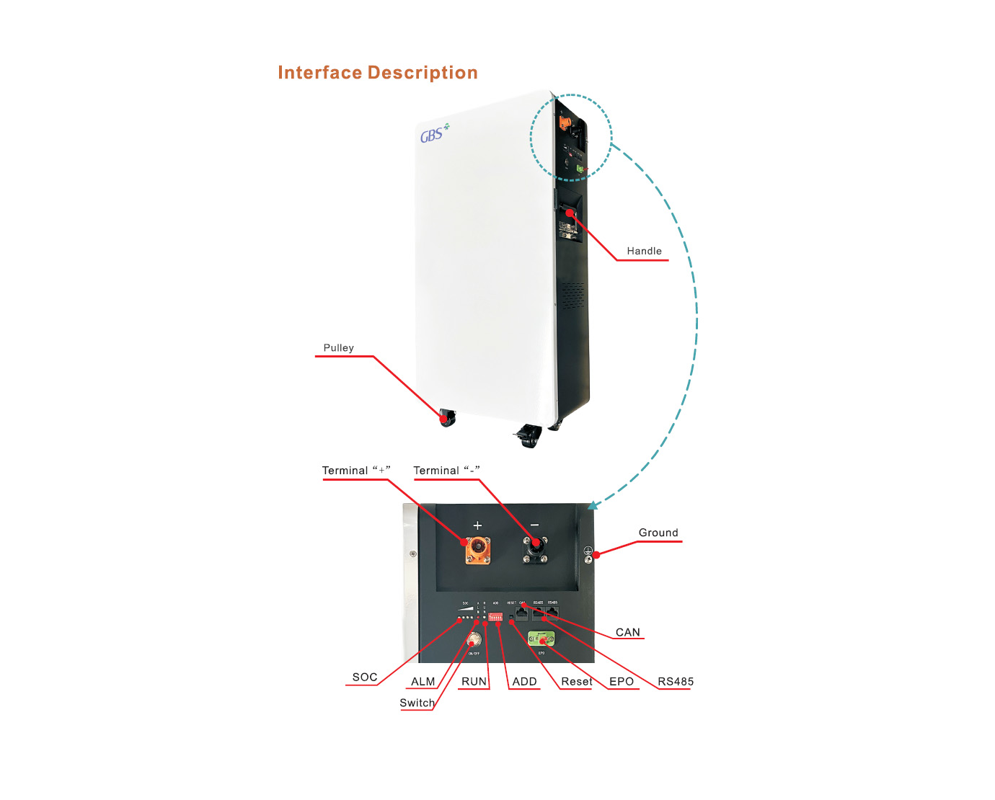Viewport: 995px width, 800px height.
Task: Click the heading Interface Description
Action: point(377,73)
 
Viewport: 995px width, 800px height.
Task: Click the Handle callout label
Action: point(644,251)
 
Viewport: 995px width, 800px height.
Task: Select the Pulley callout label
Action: point(338,347)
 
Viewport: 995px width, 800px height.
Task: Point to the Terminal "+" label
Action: point(355,471)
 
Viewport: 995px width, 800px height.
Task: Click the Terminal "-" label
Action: point(446,471)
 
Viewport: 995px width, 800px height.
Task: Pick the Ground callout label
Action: point(658,533)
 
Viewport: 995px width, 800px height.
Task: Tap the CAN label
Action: point(627,632)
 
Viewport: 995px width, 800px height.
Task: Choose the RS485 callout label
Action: point(676,681)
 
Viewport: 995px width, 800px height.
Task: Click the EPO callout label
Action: point(622,681)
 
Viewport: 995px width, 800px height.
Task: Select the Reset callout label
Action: point(577,681)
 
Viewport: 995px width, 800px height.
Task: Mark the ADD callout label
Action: point(524,681)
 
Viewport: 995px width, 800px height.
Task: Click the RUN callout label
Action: point(474,681)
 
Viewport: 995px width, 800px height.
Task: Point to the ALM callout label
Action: point(423,681)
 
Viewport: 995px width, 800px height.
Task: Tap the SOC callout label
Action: point(365,677)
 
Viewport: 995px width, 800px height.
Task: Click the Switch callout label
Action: point(417,703)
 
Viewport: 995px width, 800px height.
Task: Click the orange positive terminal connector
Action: point(477,550)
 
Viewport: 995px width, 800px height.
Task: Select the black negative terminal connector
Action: point(535,550)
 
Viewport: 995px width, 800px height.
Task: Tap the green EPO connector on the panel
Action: point(541,639)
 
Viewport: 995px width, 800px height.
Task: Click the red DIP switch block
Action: point(495,618)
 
